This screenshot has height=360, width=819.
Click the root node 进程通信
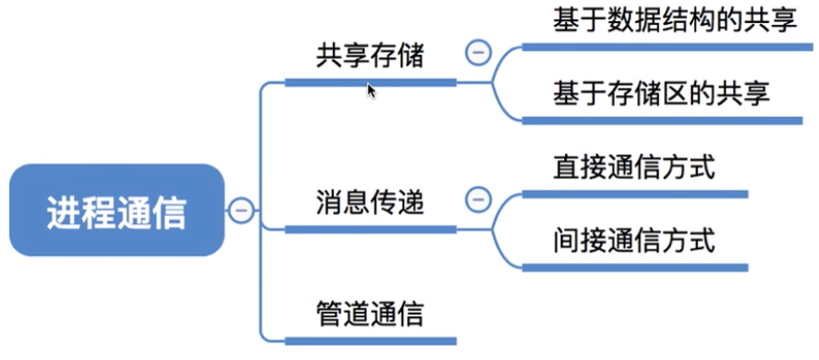point(116,210)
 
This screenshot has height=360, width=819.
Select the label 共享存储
point(370,56)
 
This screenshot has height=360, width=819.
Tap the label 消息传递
point(370,202)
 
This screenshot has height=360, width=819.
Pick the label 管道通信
point(370,313)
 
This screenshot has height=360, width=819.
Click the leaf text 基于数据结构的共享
point(675,20)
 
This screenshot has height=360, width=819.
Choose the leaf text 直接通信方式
point(633,167)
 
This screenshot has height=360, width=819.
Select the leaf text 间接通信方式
point(633,239)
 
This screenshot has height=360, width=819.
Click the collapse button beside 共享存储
point(477,52)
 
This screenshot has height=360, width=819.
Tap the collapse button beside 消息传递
point(477,199)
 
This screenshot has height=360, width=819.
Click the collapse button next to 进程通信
point(242,209)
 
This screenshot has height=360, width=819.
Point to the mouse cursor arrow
point(371,90)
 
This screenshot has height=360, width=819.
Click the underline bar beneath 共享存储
point(370,83)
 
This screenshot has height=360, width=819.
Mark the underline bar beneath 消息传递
point(370,229)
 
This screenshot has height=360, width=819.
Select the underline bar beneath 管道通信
point(370,340)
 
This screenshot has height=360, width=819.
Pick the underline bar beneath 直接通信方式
point(634,193)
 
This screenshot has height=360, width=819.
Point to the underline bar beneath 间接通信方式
point(634,267)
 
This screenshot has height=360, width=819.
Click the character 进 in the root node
point(64,211)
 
